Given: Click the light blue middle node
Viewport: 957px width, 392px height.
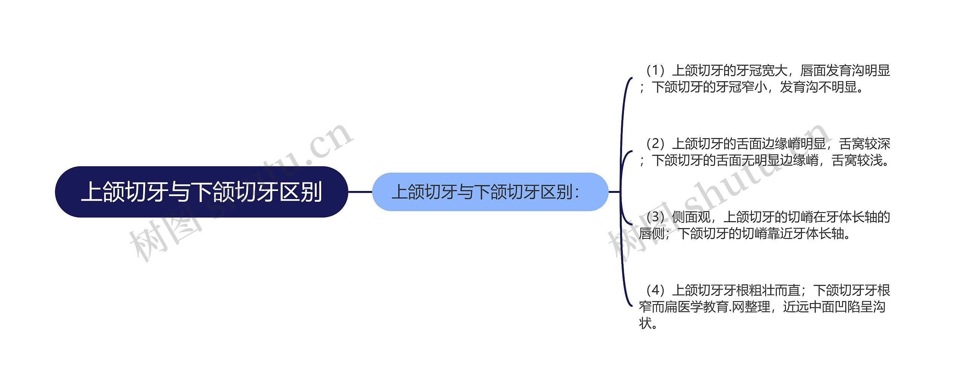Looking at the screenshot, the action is point(490,192).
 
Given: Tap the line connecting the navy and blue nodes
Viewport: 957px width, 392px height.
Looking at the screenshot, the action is point(360,192).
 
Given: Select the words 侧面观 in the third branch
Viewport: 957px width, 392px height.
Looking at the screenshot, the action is point(691,217).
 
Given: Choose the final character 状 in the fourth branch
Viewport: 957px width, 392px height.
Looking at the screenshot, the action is point(645,323).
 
